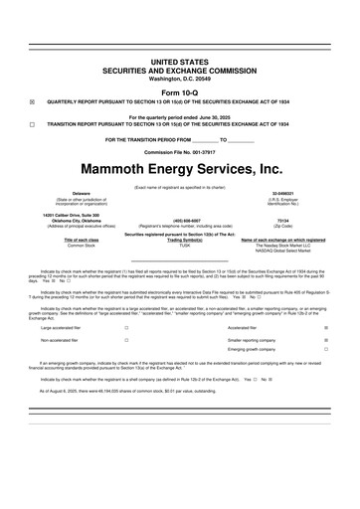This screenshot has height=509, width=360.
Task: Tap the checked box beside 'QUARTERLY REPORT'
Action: (x=32, y=101)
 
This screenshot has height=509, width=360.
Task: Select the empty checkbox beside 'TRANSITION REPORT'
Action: (x=32, y=124)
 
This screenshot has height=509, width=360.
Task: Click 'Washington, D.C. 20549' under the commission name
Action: (x=180, y=77)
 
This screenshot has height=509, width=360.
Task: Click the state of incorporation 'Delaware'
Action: (x=68, y=193)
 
